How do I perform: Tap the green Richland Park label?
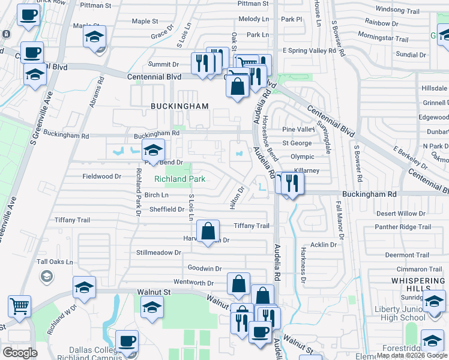(179, 179)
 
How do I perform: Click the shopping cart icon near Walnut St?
(19, 306)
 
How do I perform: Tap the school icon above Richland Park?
(153, 151)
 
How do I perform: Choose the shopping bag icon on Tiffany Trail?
(208, 231)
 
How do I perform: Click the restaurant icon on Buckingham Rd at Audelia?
(292, 183)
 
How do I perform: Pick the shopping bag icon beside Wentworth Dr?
(238, 284)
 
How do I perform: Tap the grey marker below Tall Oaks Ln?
(46, 276)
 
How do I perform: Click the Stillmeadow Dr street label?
(159, 253)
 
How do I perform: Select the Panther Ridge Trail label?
(403, 227)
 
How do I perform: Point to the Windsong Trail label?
(397, 10)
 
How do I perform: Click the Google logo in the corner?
(20, 353)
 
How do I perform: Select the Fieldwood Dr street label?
(102, 177)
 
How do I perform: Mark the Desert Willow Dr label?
(400, 214)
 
